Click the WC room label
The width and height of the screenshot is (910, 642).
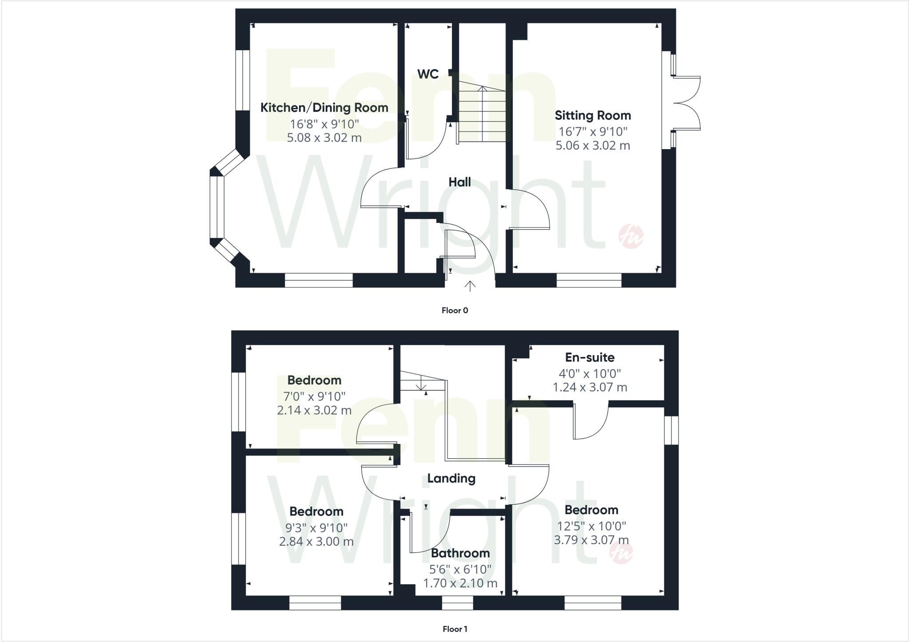[428, 74]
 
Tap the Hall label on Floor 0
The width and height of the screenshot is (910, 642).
[459, 182]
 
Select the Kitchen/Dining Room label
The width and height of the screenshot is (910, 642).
[324, 107]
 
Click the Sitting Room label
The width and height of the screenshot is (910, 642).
[593, 115]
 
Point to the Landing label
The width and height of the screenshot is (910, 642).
[451, 478]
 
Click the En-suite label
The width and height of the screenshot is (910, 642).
[590, 357]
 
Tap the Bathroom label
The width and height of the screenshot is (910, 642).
[460, 553]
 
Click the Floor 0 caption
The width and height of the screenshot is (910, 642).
[455, 310]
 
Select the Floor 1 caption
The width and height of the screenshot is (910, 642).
[455, 629]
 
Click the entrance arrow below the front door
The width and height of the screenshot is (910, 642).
[470, 286]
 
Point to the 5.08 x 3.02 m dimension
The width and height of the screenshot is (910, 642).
[324, 138]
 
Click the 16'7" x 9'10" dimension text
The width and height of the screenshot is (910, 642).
[593, 131]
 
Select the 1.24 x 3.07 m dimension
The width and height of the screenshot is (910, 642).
[590, 387]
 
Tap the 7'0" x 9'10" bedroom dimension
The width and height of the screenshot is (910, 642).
[314, 396]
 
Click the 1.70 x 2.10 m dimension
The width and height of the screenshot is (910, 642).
[460, 583]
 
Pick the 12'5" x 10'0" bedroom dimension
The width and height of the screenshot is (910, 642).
[591, 526]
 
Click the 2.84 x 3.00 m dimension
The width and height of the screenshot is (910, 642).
[316, 542]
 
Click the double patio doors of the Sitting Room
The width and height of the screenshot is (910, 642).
[686, 103]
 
